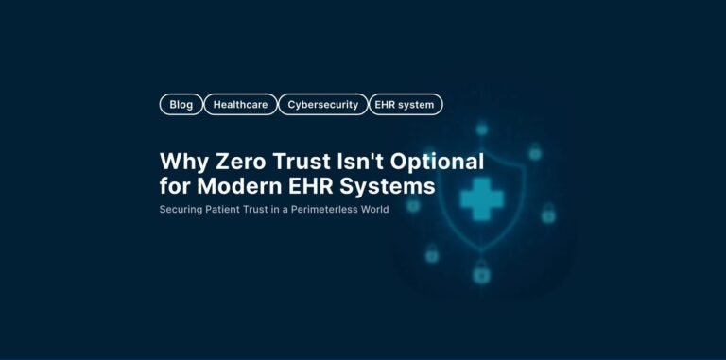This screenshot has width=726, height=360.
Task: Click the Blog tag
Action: [x=181, y=105]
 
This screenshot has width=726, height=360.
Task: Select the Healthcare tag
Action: [x=240, y=105]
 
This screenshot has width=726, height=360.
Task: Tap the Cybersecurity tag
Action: [x=323, y=105]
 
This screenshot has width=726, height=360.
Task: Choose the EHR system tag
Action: [x=405, y=105]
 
